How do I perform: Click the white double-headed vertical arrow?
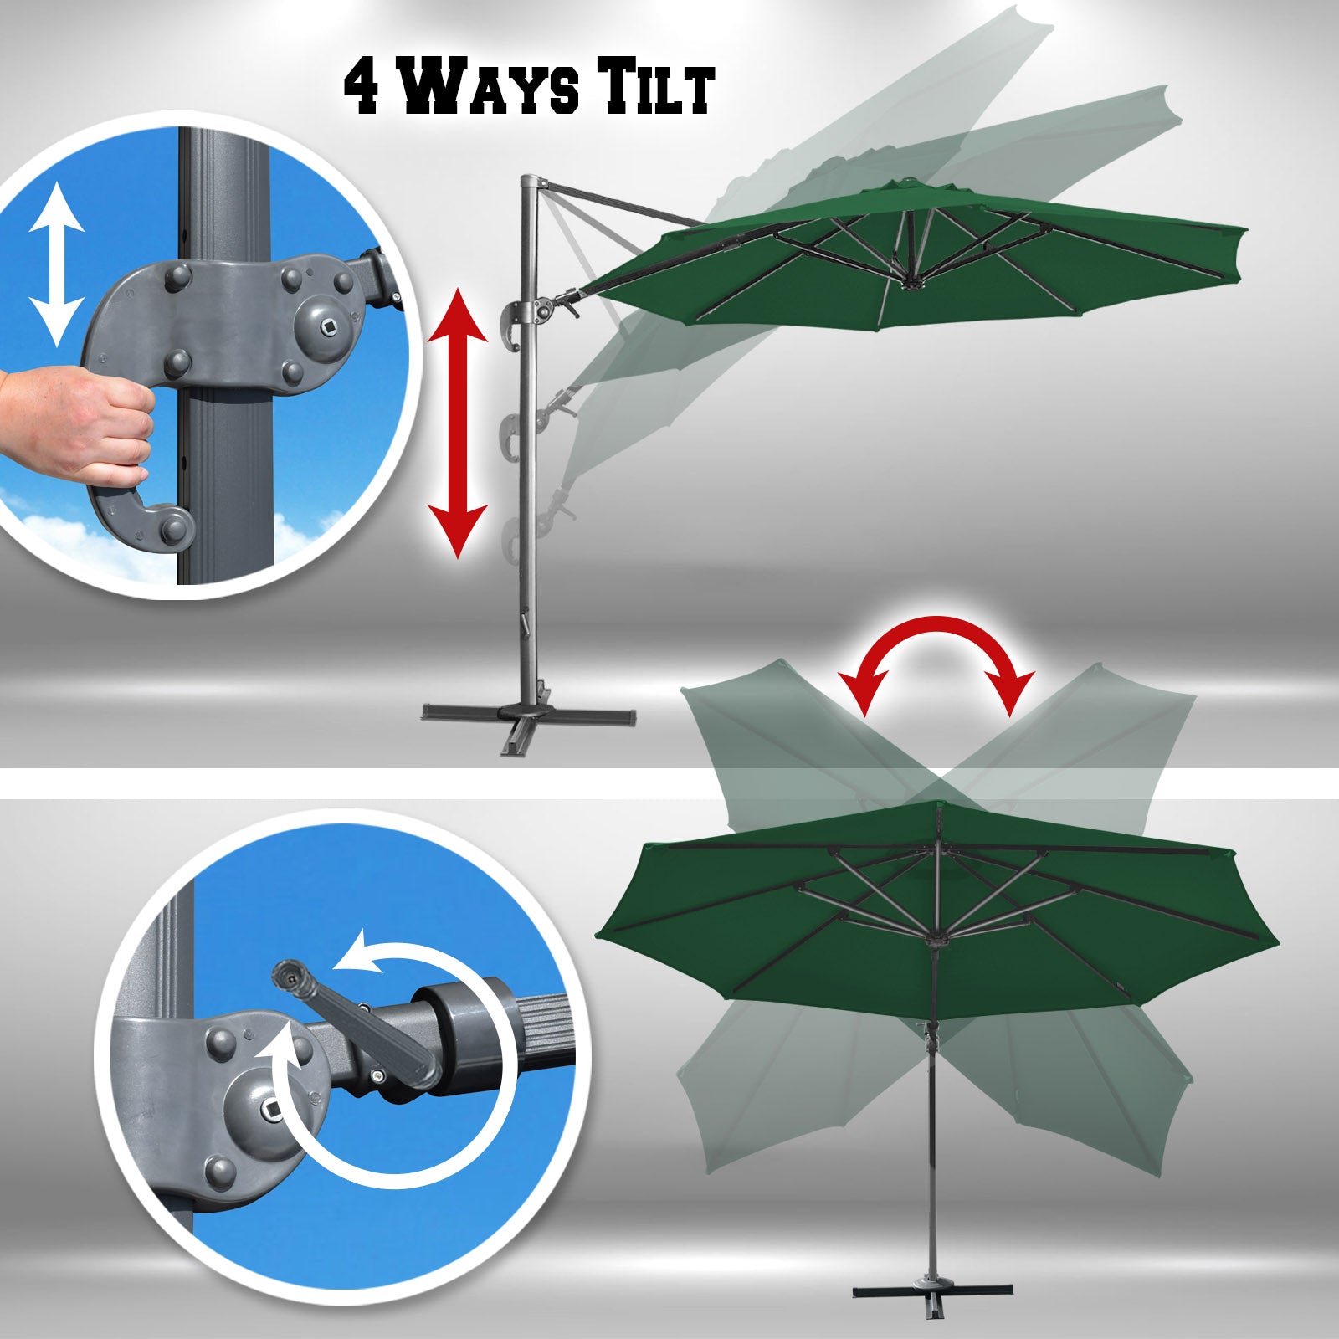[x=56, y=264]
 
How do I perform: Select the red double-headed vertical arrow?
[x=457, y=423]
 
